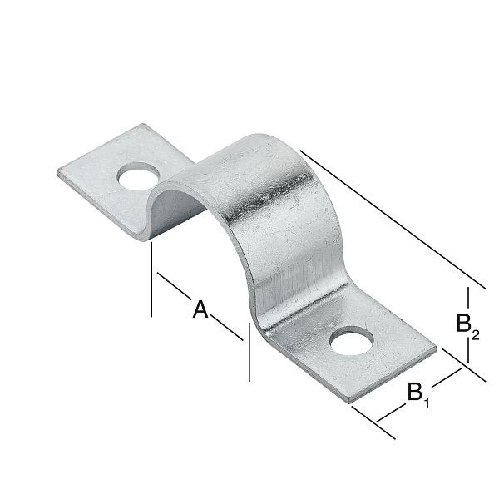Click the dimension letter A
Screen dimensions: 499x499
(200, 309)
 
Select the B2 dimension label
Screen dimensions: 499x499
(467, 324)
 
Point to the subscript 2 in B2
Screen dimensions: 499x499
(476, 335)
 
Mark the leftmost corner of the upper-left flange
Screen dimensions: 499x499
(58, 173)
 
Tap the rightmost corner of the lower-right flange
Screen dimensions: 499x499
(436, 349)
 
